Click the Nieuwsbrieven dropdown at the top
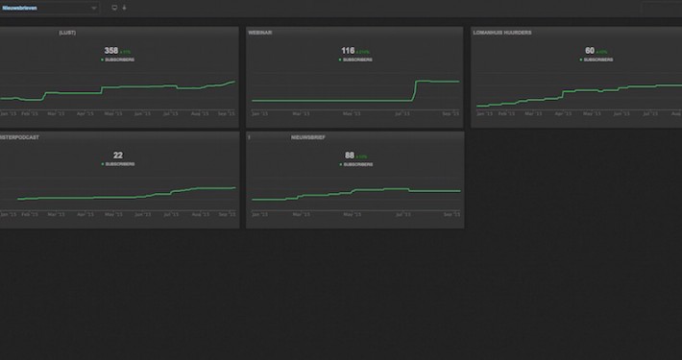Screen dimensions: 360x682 tap(48, 8)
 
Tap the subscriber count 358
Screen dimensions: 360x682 tap(111, 50)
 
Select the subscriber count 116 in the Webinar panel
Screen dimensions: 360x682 tap(348, 50)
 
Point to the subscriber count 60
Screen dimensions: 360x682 tap(589, 51)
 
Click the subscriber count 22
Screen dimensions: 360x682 tap(118, 155)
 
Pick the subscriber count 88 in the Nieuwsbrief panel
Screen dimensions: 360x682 tap(350, 155)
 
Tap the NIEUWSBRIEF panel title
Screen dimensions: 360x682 tap(308, 137)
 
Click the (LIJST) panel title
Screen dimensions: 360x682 tap(67, 32)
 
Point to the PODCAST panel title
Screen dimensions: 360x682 tap(19, 137)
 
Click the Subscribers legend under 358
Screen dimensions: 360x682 tap(119, 60)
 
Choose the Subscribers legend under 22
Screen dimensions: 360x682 tap(119, 164)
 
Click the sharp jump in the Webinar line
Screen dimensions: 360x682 tap(415, 90)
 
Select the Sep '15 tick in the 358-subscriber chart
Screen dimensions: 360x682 tap(227, 113)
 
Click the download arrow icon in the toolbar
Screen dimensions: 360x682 tap(124, 8)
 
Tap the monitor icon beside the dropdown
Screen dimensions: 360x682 tap(114, 8)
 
